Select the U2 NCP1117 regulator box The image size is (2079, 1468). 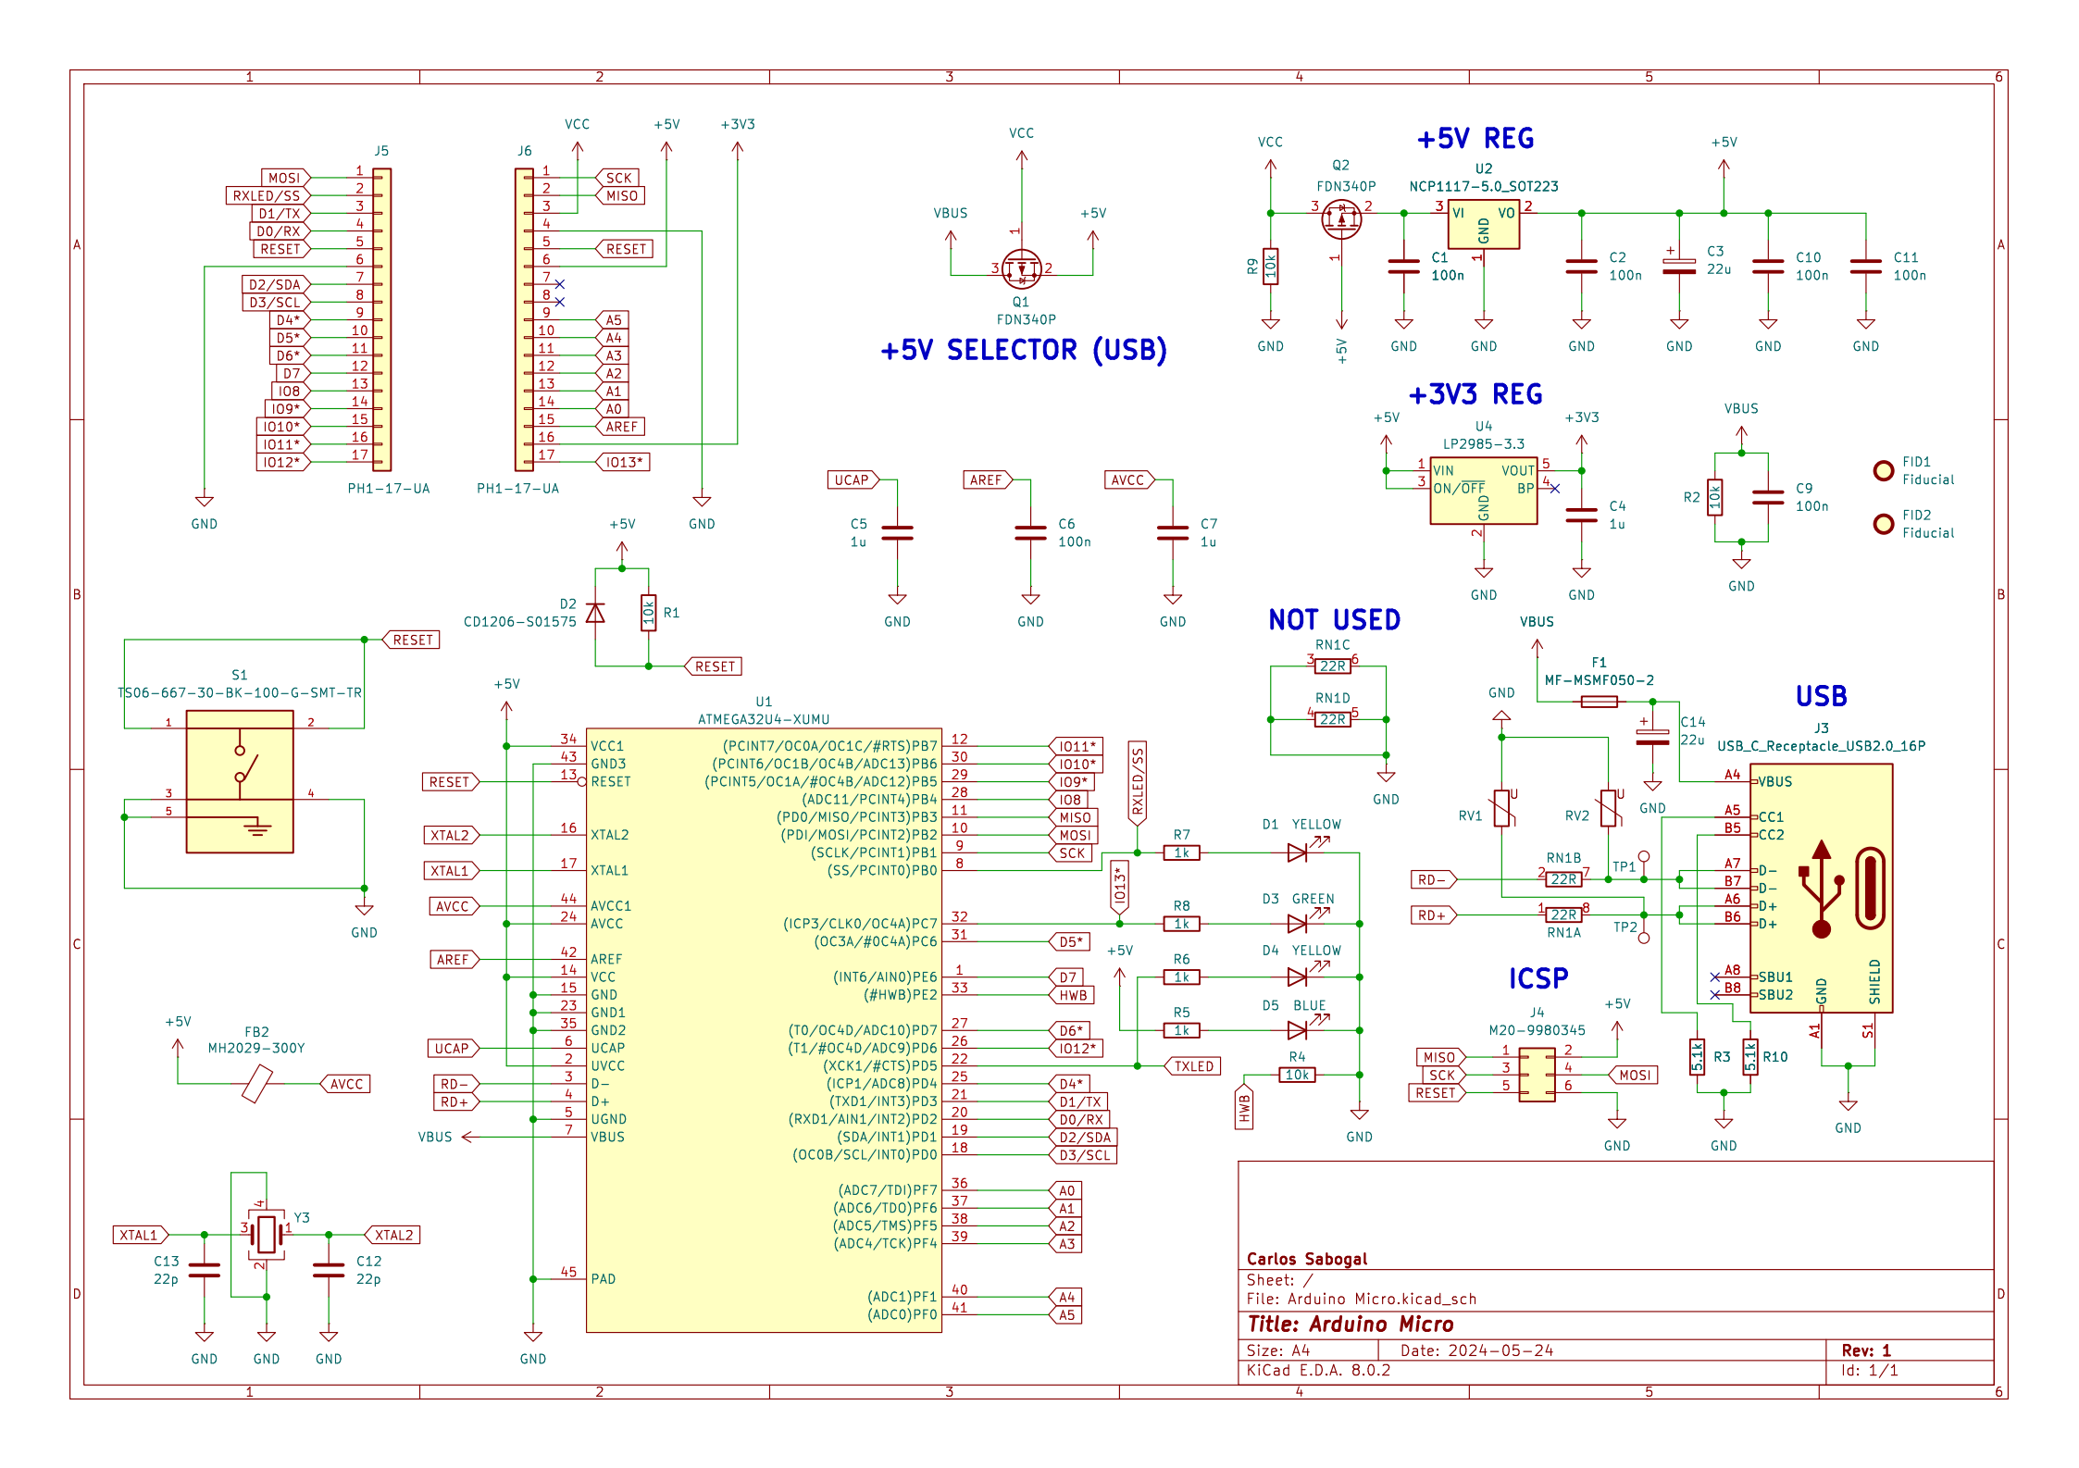pos(1483,224)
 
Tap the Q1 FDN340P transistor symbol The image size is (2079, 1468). pos(1022,268)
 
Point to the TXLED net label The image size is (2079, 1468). pos(1192,1066)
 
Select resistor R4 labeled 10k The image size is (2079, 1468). pos(1297,1075)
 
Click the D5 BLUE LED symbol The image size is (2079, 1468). pos(1299,1029)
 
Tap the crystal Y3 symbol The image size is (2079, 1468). pos(267,1234)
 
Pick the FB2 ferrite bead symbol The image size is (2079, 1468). pos(256,1084)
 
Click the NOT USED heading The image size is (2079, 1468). pos(1334,620)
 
